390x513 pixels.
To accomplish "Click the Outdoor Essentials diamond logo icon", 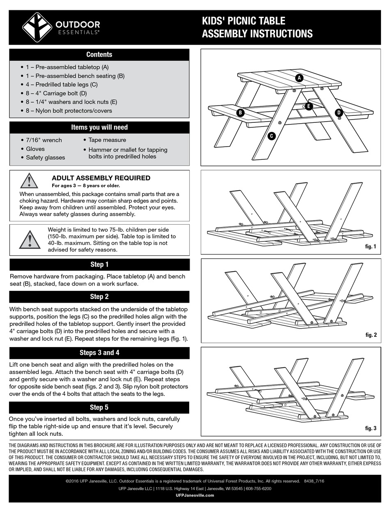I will tap(37, 27).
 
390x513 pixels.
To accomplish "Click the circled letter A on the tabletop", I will tap(299, 78).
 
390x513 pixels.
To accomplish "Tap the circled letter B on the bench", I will tap(241, 113).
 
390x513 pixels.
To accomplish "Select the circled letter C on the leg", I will tap(271, 136).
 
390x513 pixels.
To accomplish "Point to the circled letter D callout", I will tap(339, 113).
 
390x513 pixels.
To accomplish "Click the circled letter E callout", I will tap(309, 106).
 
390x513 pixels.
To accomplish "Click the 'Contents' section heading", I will tap(99, 55).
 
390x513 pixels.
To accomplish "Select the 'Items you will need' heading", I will tap(99, 127).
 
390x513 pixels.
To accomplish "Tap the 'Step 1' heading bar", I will tap(99, 265).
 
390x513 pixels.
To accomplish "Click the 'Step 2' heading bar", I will tap(99, 297).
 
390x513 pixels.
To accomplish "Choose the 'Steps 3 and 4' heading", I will tap(99, 353).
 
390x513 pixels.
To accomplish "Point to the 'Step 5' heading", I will tap(99, 407).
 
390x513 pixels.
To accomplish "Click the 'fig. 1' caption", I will tap(370, 246).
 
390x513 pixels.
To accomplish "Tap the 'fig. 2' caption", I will tap(370, 335).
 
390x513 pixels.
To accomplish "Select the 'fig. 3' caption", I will tap(370, 428).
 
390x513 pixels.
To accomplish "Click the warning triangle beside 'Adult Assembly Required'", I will tap(29, 181).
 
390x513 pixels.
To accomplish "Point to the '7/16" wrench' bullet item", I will tap(44, 140).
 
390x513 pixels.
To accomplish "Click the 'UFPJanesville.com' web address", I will tap(195, 495).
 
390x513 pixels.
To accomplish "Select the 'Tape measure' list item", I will tap(107, 140).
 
